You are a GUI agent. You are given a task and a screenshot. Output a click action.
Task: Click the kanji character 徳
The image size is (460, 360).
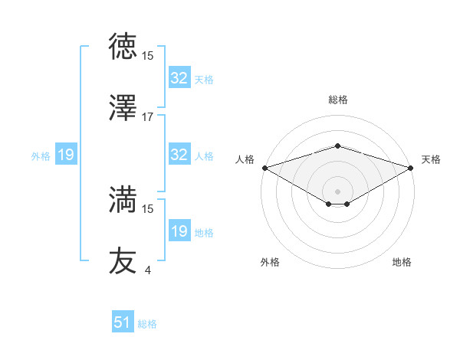click(x=123, y=47)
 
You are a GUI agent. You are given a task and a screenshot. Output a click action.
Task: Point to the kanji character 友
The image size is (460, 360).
click(x=123, y=260)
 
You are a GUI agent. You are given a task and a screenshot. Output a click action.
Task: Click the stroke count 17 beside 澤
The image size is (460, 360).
click(x=148, y=116)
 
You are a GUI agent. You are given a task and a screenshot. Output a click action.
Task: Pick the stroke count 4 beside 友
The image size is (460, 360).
click(x=147, y=270)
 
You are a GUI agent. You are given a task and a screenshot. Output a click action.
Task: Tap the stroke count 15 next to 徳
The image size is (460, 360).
click(x=148, y=55)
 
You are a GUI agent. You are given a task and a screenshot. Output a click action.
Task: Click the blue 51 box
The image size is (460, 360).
click(x=123, y=322)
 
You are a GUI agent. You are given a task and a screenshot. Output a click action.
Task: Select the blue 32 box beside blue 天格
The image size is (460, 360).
click(x=179, y=77)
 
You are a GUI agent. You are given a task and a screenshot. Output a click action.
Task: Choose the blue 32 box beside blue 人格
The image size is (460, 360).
click(x=179, y=155)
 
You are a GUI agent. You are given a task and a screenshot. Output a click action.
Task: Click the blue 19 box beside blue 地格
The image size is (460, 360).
click(x=179, y=231)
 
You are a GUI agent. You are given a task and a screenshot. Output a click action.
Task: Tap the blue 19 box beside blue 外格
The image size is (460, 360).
click(x=66, y=155)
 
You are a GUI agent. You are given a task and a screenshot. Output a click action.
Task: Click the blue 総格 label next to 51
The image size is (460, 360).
click(x=147, y=324)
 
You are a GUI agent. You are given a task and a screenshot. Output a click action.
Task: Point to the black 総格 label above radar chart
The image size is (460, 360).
click(x=337, y=100)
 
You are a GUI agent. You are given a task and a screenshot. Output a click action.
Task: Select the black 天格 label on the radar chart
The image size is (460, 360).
click(x=431, y=159)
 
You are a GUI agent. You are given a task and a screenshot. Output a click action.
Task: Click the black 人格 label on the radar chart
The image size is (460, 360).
click(x=245, y=159)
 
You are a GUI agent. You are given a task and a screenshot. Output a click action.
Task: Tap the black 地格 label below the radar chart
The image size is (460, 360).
click(x=402, y=262)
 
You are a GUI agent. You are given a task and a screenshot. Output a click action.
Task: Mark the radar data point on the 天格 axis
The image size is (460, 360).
click(x=412, y=167)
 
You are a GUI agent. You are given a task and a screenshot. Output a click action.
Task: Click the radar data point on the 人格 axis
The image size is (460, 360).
click(x=264, y=167)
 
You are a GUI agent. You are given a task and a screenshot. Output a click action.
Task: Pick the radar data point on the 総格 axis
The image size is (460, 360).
click(x=337, y=146)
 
